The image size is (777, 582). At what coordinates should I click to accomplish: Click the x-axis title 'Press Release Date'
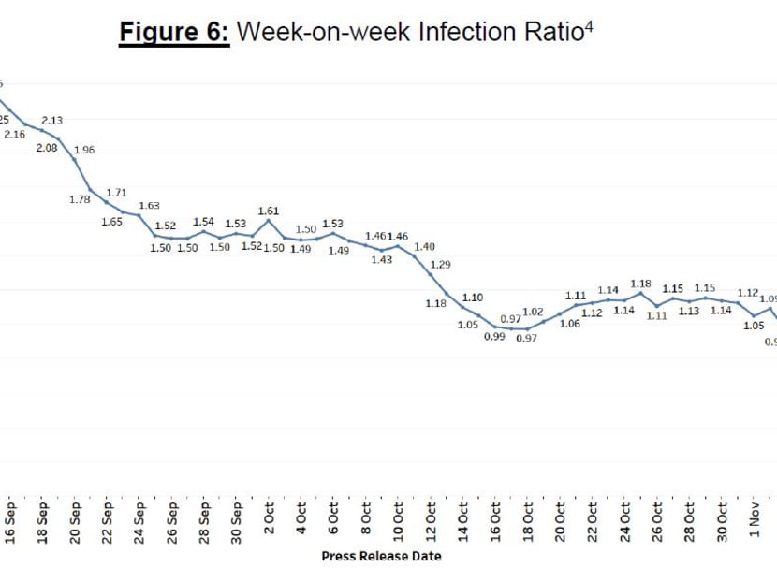(381, 556)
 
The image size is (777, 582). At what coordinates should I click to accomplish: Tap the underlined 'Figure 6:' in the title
(173, 33)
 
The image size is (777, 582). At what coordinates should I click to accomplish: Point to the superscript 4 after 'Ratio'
(589, 25)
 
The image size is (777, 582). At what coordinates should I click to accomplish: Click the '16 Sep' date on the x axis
(10, 523)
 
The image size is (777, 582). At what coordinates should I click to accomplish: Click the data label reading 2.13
(52, 121)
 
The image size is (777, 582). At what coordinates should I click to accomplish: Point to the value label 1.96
(83, 150)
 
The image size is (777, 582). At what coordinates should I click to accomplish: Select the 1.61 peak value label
(268, 211)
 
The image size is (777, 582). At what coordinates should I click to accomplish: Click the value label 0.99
(494, 337)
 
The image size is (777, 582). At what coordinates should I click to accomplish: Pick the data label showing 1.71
(116, 193)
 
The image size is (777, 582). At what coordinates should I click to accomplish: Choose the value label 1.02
(533, 312)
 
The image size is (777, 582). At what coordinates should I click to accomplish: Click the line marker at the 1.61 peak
(269, 221)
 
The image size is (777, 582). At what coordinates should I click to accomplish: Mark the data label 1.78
(80, 198)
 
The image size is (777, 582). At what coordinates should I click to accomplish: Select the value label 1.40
(424, 246)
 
